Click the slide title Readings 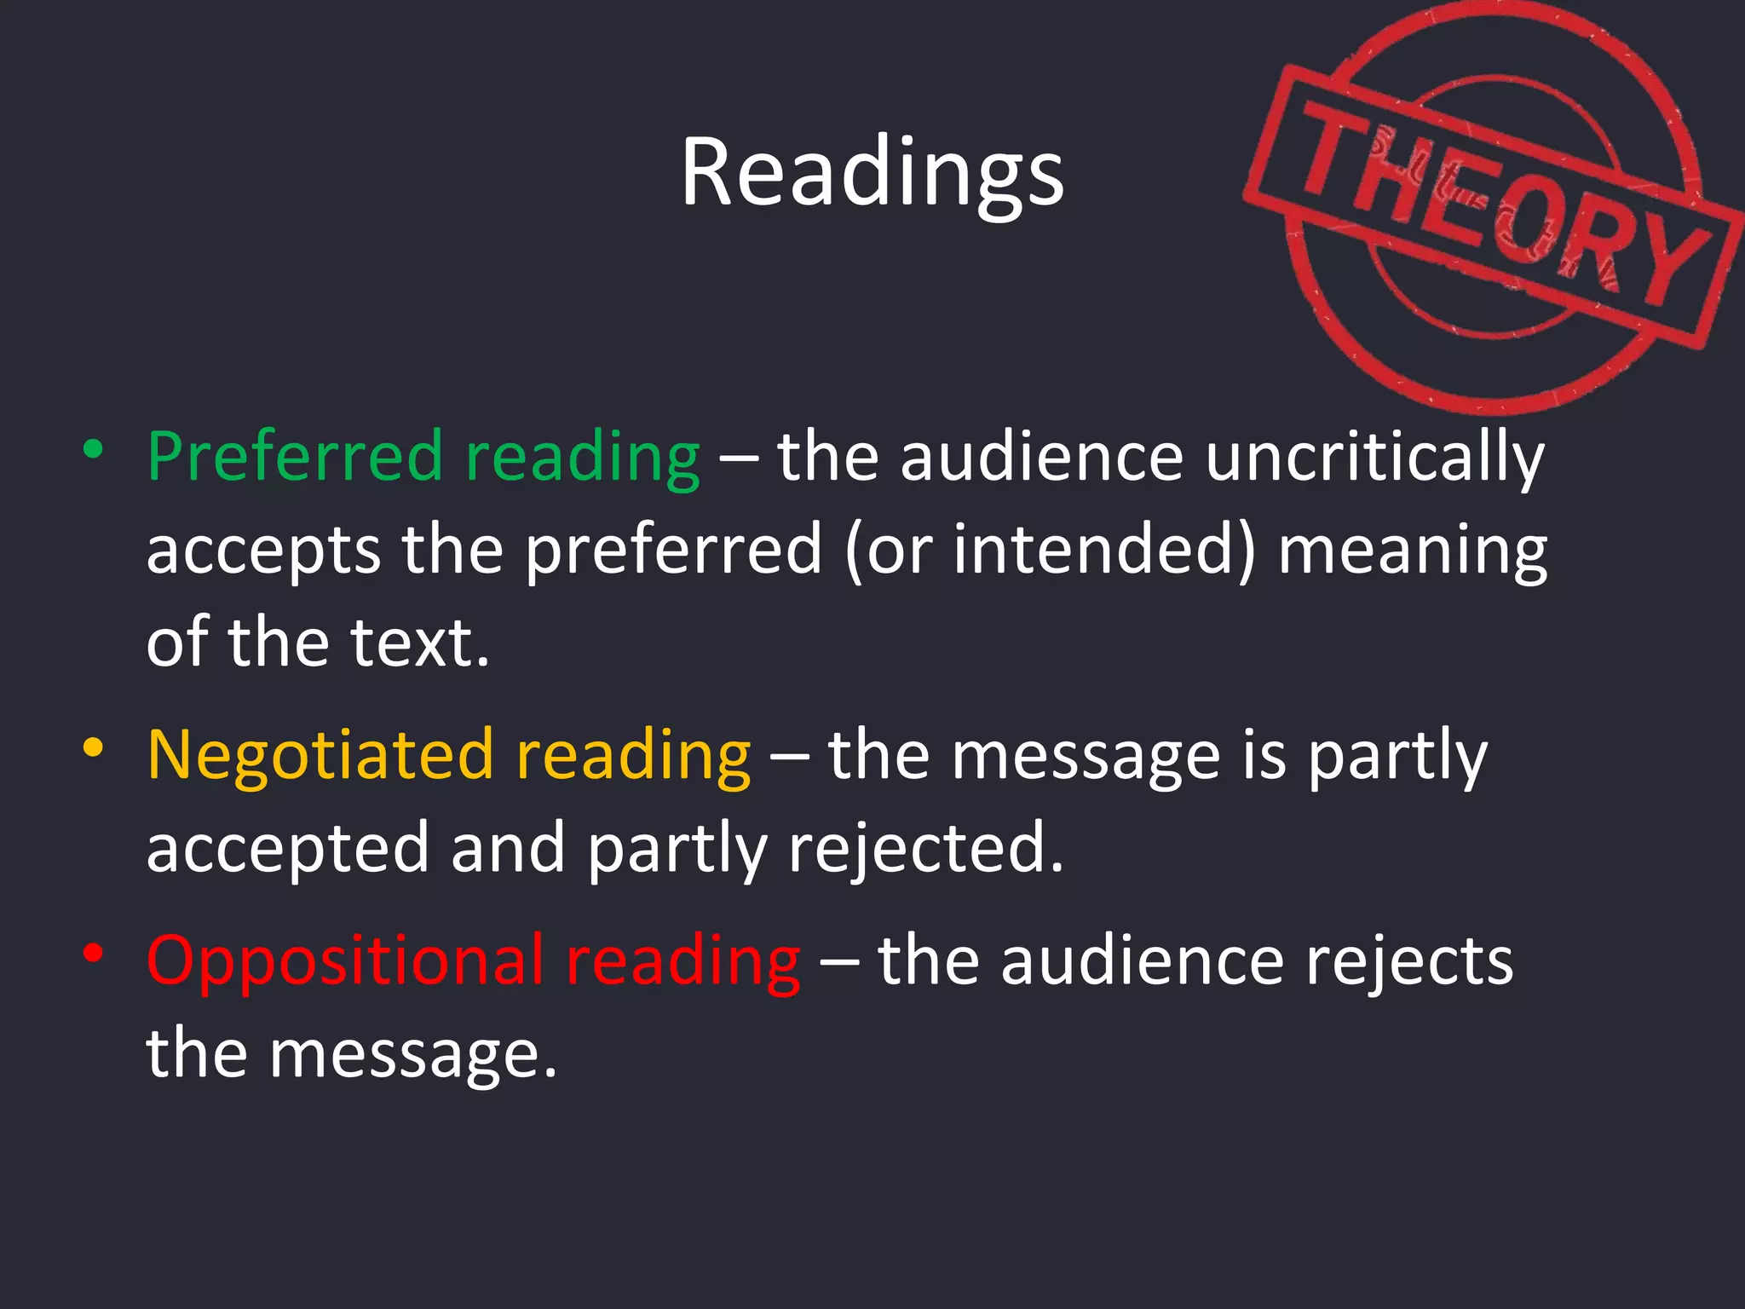point(872,173)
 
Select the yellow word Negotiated point(320,754)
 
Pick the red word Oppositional point(345,960)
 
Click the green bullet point point(94,449)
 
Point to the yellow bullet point point(94,747)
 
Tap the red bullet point point(94,954)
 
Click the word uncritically point(1374,458)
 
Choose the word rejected point(926,848)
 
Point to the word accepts point(263,551)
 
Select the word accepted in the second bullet point(288,849)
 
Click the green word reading point(583,458)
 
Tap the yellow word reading point(633,756)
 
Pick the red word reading point(683,962)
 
